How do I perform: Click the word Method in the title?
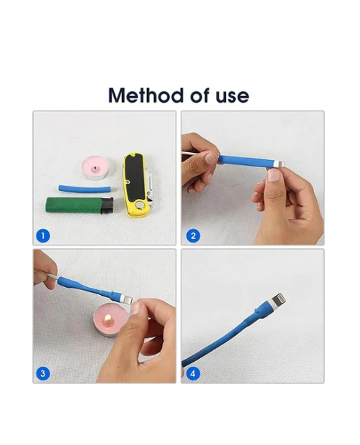click(146, 95)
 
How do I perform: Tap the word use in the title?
click(232, 96)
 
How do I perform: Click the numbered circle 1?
click(43, 236)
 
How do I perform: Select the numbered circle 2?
click(194, 236)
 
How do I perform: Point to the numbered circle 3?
click(43, 373)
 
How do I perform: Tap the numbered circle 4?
click(193, 373)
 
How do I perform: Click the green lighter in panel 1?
click(80, 205)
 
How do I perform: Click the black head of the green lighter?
click(107, 206)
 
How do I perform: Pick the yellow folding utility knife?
click(137, 185)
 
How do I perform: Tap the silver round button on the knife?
click(139, 205)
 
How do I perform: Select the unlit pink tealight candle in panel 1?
click(95, 168)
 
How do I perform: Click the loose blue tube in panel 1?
click(85, 189)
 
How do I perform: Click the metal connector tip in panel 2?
click(280, 164)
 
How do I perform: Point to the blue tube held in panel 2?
click(246, 161)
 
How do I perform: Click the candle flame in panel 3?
click(107, 319)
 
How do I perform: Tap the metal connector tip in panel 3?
click(128, 300)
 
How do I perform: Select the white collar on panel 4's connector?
click(270, 307)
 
